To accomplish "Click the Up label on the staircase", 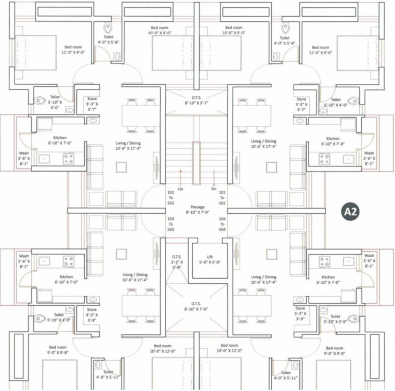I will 180,189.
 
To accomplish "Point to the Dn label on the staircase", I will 214,189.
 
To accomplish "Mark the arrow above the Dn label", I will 214,177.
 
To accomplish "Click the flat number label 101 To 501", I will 223,198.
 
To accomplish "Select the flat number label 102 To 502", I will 171,198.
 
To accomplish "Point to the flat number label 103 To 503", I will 171,224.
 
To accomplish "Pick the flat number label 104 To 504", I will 223,224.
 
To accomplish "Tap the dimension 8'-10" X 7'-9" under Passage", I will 197,212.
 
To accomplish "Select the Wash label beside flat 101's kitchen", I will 369,153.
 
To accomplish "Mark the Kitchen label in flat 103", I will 66,277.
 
